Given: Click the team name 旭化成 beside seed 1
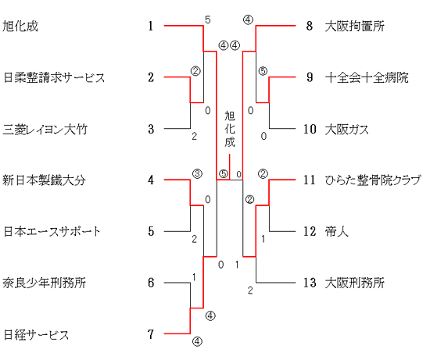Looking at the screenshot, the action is click(20, 27).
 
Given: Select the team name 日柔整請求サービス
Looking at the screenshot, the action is click(54, 77).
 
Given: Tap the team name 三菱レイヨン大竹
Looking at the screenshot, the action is click(45, 129).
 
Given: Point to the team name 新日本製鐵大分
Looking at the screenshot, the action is click(44, 180).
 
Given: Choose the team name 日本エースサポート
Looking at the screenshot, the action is click(52, 231).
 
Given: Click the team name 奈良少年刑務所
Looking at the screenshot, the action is click(44, 283).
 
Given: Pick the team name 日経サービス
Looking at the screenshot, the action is click(36, 334).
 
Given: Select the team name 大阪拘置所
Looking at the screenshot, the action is click(355, 27).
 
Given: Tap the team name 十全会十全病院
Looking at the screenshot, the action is click(367, 77).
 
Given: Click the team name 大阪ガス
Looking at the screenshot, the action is click(346, 129).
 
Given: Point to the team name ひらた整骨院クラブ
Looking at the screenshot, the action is click(373, 180).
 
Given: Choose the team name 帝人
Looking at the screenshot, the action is click(337, 231).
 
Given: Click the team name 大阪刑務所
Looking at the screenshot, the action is click(355, 283).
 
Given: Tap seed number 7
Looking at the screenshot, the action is click(151, 334).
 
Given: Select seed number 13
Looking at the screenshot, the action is click(310, 283).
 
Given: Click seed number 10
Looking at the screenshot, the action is click(310, 129).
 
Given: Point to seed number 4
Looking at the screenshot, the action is click(151, 180).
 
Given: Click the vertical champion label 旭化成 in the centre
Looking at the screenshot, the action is click(230, 129).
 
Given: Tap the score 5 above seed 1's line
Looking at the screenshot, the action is click(208, 20).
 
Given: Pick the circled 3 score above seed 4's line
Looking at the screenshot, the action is click(197, 173).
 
